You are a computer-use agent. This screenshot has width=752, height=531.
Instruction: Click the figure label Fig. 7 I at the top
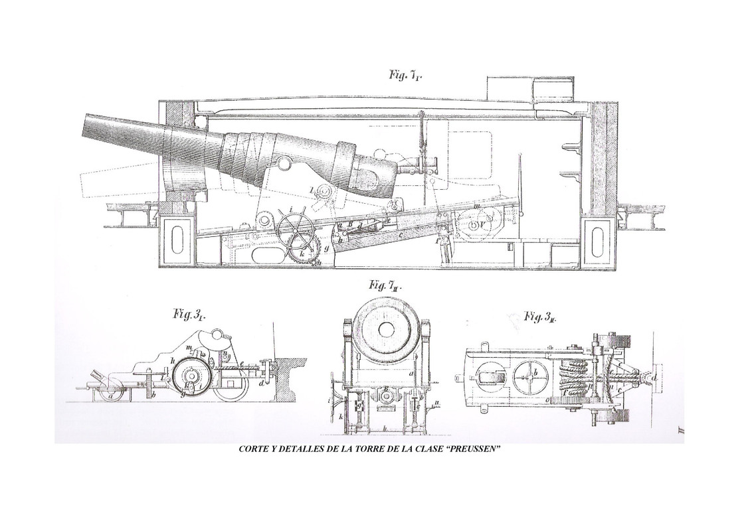pos(406,75)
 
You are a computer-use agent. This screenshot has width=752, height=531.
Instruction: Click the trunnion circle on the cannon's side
pos(284,163)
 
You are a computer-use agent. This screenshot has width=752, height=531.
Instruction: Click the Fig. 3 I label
pos(189,315)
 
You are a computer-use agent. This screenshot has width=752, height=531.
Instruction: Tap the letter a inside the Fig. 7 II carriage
pos(411,374)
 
